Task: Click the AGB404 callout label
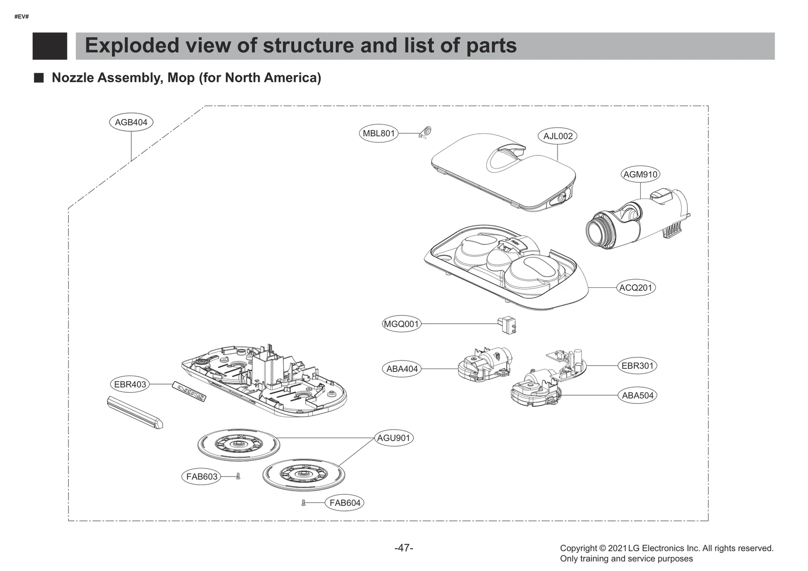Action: point(131,122)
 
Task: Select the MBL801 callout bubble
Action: point(379,134)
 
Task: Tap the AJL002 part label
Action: point(558,136)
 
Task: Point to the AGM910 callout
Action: point(640,175)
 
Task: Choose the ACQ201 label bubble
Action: point(636,288)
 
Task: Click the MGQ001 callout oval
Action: point(401,324)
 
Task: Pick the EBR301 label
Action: point(637,366)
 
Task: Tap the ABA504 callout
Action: point(637,395)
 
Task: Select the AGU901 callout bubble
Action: point(393,438)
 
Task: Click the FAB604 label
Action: point(345,503)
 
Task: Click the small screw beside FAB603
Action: point(238,476)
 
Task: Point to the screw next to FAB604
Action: point(304,503)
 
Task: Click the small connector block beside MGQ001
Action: point(507,324)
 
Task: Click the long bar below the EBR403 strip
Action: point(134,411)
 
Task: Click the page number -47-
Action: point(403,548)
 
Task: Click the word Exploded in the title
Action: point(132,45)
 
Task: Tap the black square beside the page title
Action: point(49,46)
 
